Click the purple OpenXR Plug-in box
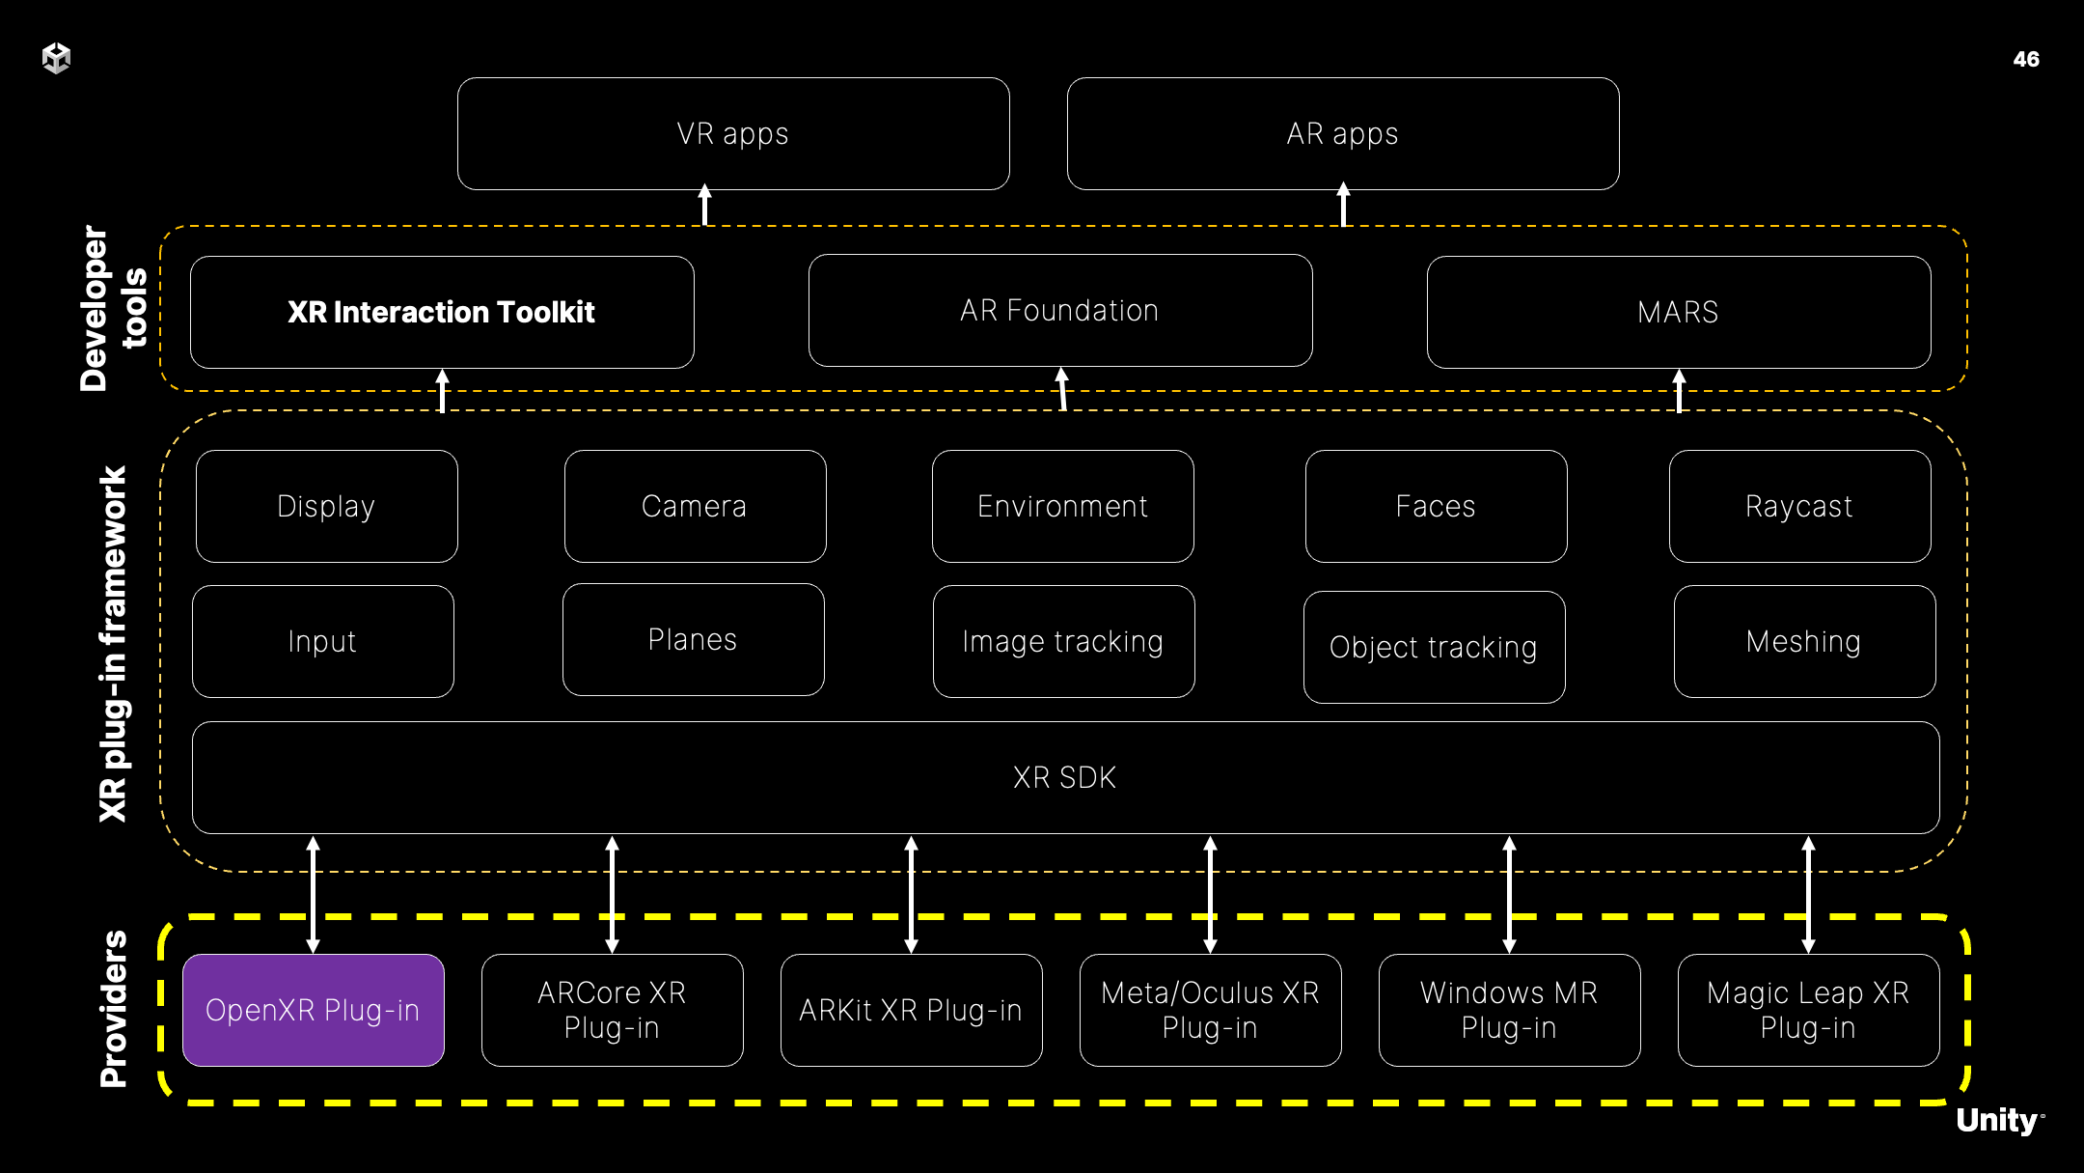(314, 1010)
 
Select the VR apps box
(733, 133)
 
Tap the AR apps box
(1343, 133)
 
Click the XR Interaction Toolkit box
(442, 312)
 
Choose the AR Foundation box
(1060, 310)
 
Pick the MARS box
(1679, 312)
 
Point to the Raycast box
(1799, 506)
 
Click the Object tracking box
(1434, 647)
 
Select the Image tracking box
(1063, 641)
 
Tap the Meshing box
(1804, 641)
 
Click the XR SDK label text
(1065, 777)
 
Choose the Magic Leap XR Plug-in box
(1808, 1010)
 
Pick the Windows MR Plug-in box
(1509, 1010)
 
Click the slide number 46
(2026, 59)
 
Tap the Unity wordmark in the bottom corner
(1997, 1120)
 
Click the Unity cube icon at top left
(57, 58)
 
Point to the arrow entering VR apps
(705, 205)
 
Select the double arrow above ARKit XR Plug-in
(911, 894)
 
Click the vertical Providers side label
(114, 1009)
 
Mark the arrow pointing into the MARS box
(1679, 390)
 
